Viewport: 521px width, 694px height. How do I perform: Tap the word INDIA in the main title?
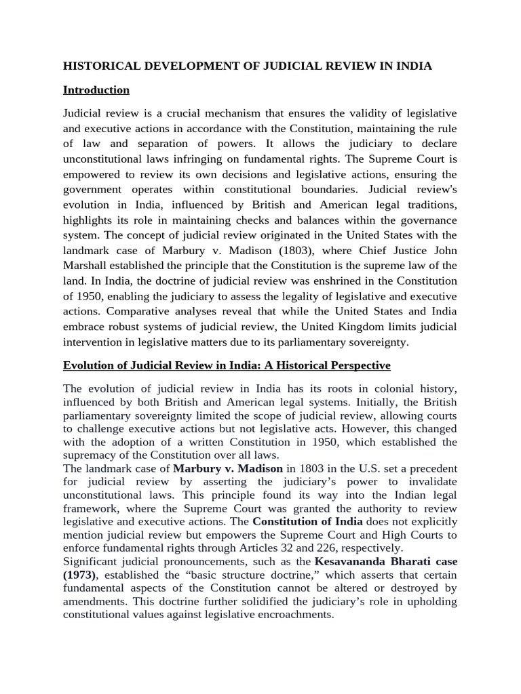point(410,66)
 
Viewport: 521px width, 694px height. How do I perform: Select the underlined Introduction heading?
point(96,89)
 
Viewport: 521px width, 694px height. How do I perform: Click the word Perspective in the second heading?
point(360,365)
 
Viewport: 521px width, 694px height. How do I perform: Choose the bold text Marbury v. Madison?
point(227,468)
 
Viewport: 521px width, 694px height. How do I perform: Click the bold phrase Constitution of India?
point(307,521)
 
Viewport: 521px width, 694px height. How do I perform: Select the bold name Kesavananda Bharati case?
point(385,561)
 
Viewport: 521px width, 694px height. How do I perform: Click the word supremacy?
point(90,455)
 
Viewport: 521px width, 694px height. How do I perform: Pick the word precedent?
point(431,468)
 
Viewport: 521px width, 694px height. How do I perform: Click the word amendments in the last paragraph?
point(95,601)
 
